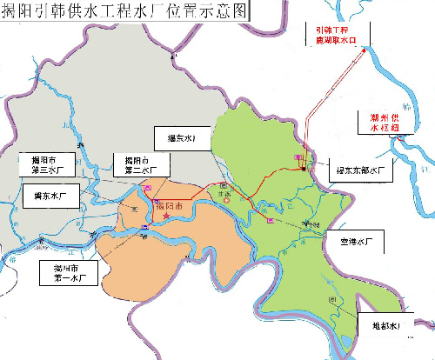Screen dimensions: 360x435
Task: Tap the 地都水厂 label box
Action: (x=383, y=326)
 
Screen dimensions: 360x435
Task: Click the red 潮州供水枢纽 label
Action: (x=382, y=123)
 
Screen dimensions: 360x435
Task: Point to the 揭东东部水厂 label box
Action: (x=358, y=170)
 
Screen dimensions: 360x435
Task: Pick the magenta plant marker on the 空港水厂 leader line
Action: (x=271, y=221)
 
